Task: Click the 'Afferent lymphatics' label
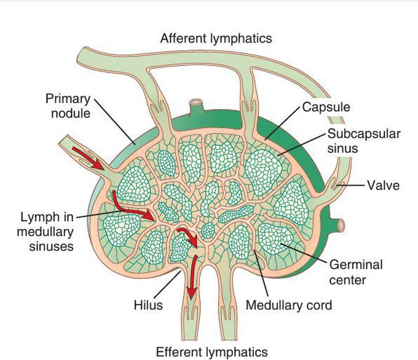(x=216, y=38)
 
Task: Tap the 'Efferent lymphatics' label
(x=212, y=352)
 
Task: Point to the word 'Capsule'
(x=326, y=107)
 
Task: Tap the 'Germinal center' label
(x=356, y=272)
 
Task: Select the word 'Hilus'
(x=148, y=305)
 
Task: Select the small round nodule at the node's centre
(x=208, y=232)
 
